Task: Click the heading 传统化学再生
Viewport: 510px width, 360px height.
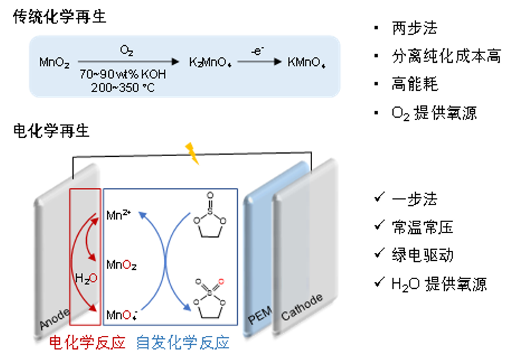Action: click(59, 18)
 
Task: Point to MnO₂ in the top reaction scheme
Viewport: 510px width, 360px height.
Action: click(54, 63)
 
